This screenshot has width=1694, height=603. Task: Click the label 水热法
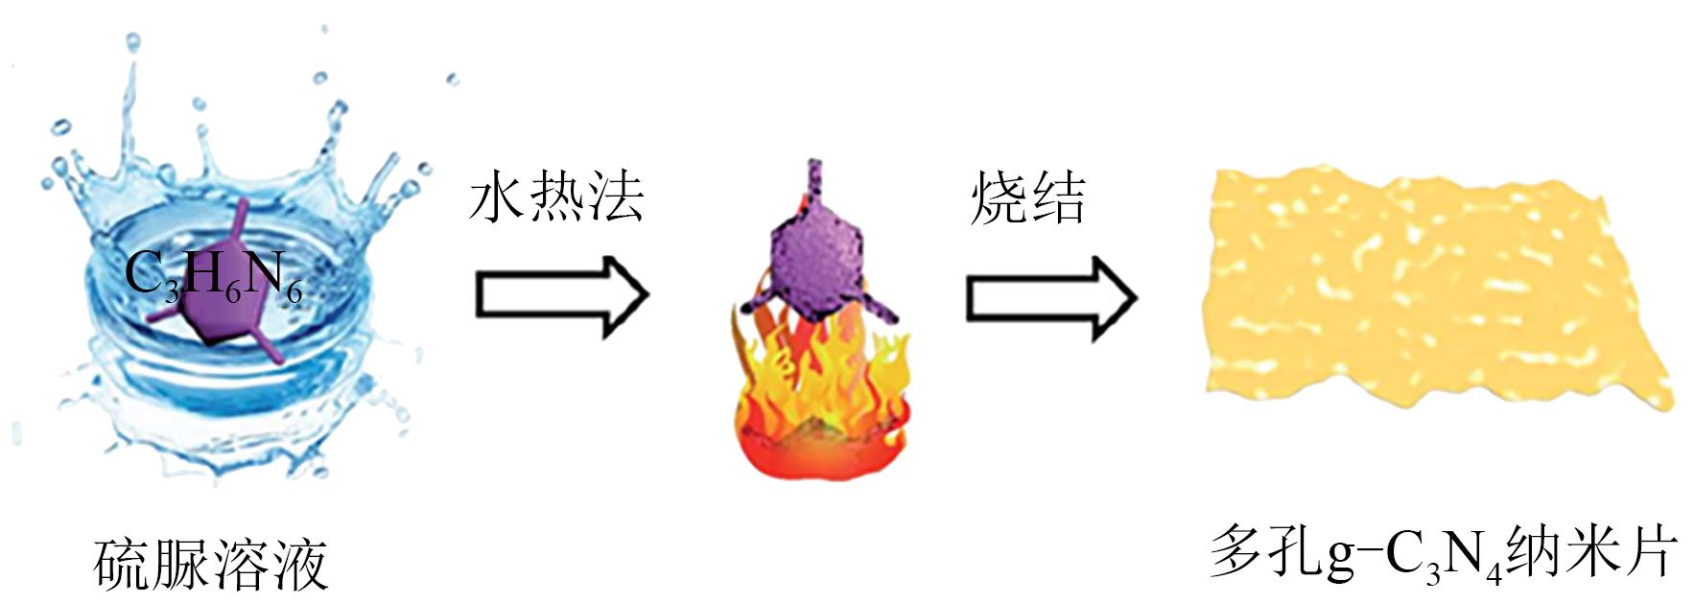click(x=556, y=199)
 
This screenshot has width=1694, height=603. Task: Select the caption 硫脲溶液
click(x=211, y=565)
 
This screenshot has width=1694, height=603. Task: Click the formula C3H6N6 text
click(x=213, y=276)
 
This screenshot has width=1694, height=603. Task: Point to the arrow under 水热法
click(x=562, y=295)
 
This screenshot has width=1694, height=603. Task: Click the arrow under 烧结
click(x=1050, y=297)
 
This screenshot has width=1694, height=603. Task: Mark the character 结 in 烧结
click(x=1057, y=199)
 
